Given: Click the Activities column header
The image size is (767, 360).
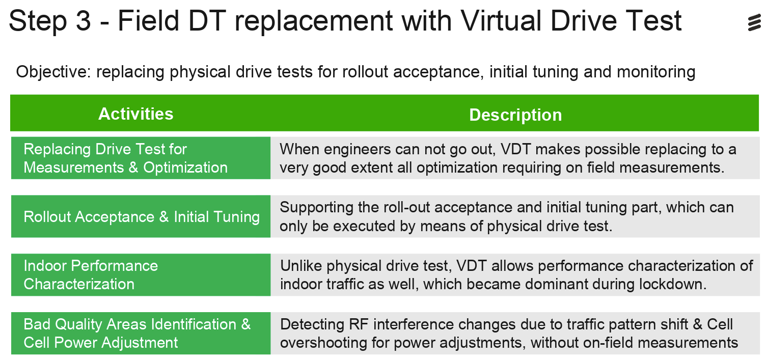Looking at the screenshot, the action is [x=136, y=114].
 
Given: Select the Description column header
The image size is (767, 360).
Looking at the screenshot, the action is [x=515, y=115].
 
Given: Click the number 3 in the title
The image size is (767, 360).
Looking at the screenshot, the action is [x=83, y=21].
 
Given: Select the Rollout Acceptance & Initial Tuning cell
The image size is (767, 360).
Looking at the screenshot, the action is [x=141, y=216].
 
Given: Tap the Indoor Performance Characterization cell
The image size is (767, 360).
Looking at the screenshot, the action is [x=141, y=275].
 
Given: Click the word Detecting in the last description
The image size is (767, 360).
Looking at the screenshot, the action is [x=312, y=325].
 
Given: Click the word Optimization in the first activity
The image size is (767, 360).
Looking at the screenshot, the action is [x=185, y=168].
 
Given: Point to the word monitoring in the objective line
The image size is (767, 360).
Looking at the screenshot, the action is [x=655, y=72].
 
